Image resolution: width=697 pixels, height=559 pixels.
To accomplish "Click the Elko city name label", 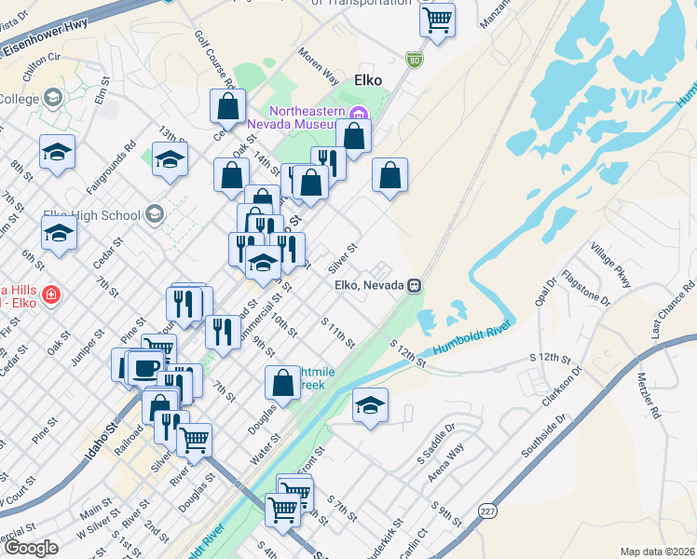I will click(x=367, y=80).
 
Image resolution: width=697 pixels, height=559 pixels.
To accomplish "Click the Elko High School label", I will click(x=94, y=215).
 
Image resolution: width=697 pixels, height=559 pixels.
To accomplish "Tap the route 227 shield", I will click(x=487, y=511).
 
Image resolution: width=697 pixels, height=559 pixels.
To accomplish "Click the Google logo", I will click(x=31, y=548).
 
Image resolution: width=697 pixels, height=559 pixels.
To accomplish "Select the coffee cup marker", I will click(x=145, y=366).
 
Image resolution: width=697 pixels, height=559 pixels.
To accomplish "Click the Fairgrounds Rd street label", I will click(x=112, y=168).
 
